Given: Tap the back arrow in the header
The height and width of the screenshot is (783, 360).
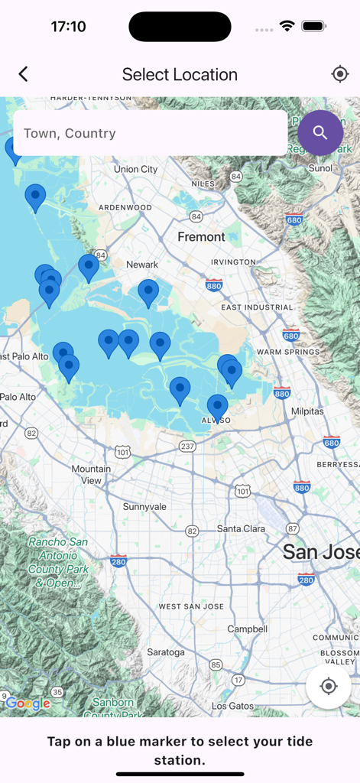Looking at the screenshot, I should (23, 74).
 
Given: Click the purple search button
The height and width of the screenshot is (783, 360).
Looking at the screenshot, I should (320, 133).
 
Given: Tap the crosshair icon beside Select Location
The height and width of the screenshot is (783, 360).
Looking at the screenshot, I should (340, 74).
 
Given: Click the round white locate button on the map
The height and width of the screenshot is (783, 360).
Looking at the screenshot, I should (329, 686).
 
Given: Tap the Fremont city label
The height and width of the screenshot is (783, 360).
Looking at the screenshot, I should (201, 237).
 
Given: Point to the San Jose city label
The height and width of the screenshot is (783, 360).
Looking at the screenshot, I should (320, 551).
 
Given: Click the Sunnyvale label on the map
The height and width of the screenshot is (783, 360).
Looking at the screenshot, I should (144, 507).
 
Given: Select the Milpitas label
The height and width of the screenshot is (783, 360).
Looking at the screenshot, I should (307, 411).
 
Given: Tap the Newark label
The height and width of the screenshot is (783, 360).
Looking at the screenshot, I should (142, 265).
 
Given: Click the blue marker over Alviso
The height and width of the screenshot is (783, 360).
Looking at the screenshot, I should (218, 406).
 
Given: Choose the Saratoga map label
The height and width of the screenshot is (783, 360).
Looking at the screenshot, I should (165, 652).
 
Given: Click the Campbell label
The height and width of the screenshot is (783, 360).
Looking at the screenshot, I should (248, 629).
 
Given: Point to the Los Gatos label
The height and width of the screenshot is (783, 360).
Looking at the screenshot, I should (231, 706).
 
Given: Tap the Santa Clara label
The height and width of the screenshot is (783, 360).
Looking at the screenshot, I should (241, 528).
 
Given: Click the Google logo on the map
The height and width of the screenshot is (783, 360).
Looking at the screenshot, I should (28, 704).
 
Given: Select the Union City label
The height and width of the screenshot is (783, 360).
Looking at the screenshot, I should (135, 169).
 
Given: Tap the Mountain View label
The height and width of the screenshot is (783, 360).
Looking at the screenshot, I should (91, 474).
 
